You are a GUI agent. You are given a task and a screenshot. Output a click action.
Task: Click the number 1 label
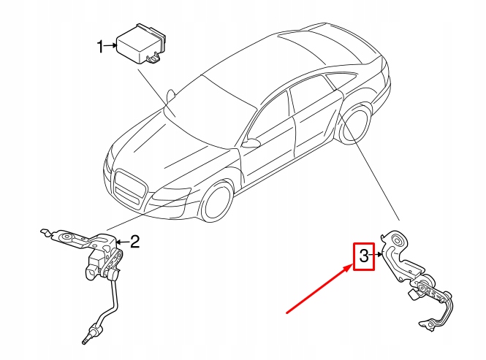[x=101, y=47]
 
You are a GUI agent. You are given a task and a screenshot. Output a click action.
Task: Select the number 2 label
[x=134, y=242]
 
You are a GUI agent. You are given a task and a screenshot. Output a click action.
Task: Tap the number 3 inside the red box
[x=363, y=256]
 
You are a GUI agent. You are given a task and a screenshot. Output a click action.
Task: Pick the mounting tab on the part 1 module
[x=154, y=58]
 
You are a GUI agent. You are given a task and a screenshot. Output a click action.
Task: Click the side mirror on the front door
[x=251, y=142]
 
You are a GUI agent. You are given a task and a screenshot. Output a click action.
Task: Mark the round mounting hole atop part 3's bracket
[x=399, y=240]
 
